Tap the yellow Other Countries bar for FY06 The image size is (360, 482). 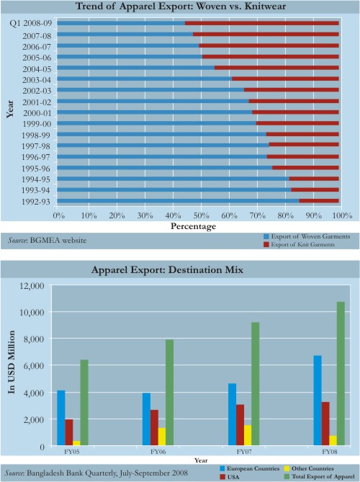pyautogui.click(x=162, y=436)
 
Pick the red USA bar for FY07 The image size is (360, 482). pyautogui.click(x=240, y=424)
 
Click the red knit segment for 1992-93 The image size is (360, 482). pyautogui.click(x=319, y=201)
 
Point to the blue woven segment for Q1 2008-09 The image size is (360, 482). pyautogui.click(x=121, y=23)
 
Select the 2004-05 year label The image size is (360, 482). pyautogui.click(x=37, y=69)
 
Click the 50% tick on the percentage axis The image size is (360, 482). pyautogui.click(x=201, y=215)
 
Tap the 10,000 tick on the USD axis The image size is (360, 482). pyautogui.click(x=32, y=312)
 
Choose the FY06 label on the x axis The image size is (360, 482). pyautogui.click(x=158, y=452)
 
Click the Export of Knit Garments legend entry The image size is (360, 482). pyautogui.click(x=299, y=245)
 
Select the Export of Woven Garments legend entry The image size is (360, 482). pyautogui.click(x=307, y=236)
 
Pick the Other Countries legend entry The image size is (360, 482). pyautogui.click(x=309, y=468)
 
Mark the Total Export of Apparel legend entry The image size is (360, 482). pyautogui.click(x=320, y=476)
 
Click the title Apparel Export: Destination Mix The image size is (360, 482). pyautogui.click(x=168, y=270)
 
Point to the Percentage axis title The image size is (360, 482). pyautogui.click(x=193, y=226)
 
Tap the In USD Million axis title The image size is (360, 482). pyautogui.click(x=12, y=362)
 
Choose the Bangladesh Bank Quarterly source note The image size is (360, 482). pyautogui.click(x=96, y=473)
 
